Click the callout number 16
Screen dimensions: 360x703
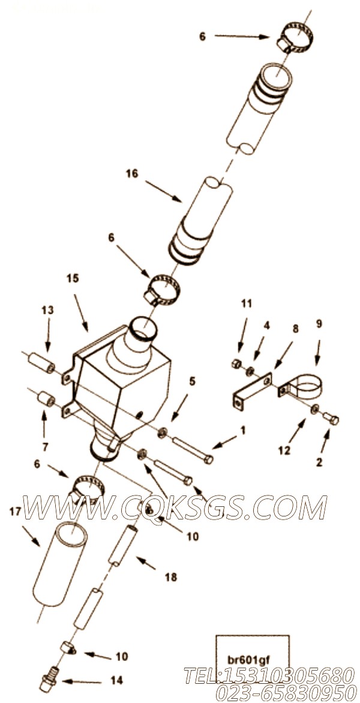tap(132, 173)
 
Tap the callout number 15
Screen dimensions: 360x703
tap(73, 278)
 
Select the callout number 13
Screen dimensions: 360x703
tap(47, 310)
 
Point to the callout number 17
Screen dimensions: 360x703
tap(16, 511)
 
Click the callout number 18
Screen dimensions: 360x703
tap(171, 577)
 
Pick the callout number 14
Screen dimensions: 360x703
tap(116, 680)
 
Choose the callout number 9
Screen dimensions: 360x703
tap(319, 324)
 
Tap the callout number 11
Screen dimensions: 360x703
tap(247, 304)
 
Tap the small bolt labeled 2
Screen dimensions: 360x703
tap(331, 419)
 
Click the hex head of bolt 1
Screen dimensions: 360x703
tap(208, 459)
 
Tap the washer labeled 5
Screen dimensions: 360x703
tap(162, 433)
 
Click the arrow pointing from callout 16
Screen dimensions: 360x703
tap(164, 192)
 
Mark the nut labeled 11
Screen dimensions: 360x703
tap(235, 364)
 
